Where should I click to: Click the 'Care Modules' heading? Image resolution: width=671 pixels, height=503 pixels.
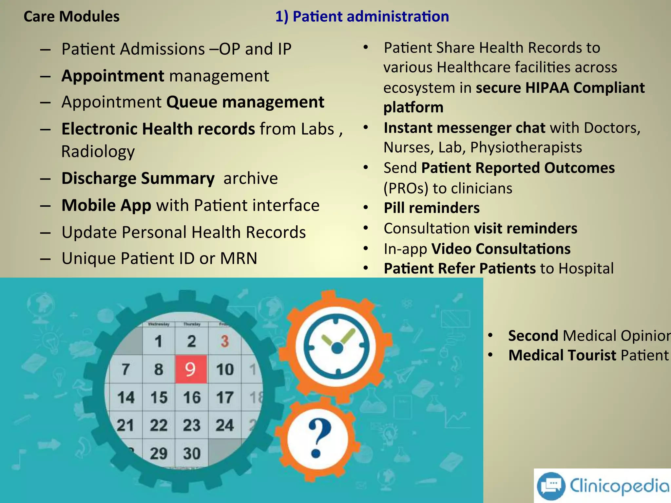(x=71, y=16)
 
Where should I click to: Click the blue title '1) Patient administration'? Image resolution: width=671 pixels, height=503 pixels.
(x=362, y=16)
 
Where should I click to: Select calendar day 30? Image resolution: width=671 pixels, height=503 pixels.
(x=192, y=453)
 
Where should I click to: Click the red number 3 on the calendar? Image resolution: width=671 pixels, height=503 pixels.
(x=224, y=341)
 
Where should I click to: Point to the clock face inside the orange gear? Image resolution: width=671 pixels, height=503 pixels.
(x=337, y=347)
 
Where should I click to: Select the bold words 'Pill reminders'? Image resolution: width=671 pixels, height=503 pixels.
(x=431, y=208)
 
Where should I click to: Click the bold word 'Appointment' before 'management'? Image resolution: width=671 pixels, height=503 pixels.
(x=113, y=76)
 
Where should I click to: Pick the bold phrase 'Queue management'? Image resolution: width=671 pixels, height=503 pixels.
(x=245, y=102)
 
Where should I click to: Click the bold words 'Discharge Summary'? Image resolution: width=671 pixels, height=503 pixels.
(x=138, y=178)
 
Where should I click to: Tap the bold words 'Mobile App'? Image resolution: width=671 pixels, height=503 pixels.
(x=106, y=205)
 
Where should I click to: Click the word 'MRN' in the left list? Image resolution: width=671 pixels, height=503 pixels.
(x=239, y=258)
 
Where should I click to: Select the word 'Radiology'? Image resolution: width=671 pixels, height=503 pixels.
(x=98, y=152)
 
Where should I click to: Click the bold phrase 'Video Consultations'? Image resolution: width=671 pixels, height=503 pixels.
(x=501, y=249)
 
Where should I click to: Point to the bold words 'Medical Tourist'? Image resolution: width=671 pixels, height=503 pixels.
(x=562, y=355)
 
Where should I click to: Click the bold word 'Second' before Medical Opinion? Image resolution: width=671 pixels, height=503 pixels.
(x=533, y=336)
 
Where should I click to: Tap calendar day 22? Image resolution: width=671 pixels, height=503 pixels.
(x=159, y=425)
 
